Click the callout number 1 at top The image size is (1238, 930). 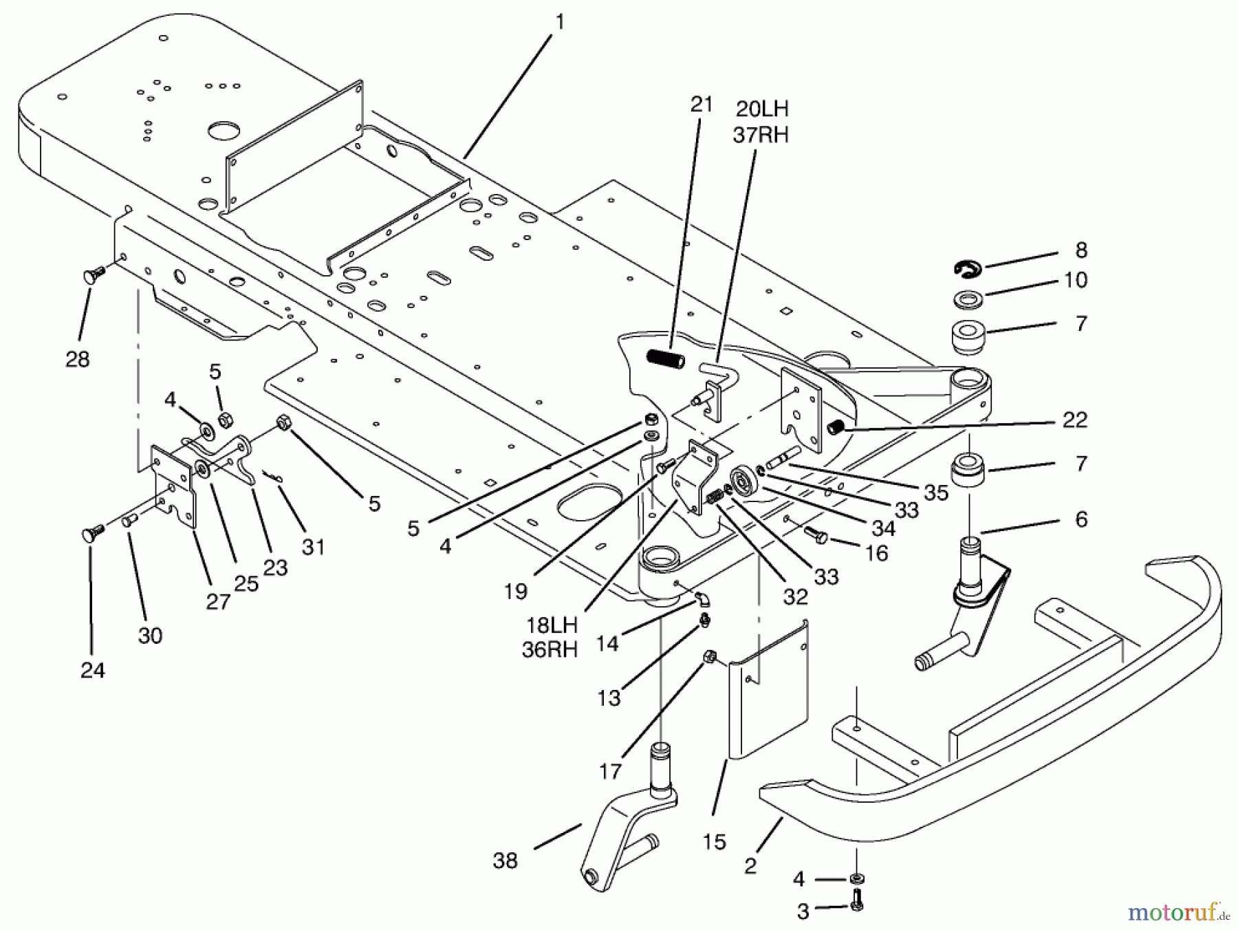(560, 22)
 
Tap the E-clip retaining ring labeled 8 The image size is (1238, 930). (968, 269)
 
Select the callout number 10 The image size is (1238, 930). (1076, 280)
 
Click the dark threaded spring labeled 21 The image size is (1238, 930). (666, 359)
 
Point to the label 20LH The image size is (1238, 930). (761, 109)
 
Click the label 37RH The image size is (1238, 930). (761, 135)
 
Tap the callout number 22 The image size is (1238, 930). (1074, 420)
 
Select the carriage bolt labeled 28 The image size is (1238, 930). (95, 275)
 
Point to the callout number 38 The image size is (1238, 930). (505, 860)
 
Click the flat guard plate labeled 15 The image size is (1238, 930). (769, 695)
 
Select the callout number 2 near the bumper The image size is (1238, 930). (750, 865)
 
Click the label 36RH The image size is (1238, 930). (550, 650)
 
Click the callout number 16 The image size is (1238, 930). (877, 553)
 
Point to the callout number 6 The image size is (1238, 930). (1081, 519)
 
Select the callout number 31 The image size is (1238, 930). (313, 547)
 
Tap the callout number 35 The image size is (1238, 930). (936, 492)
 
